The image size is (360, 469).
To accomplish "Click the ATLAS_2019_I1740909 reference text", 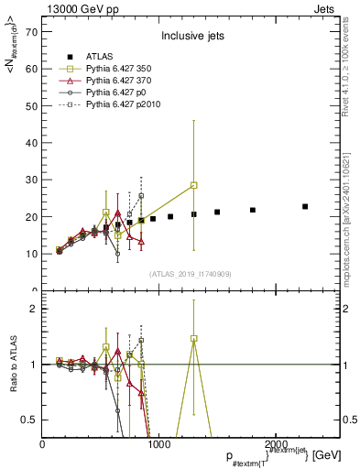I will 190,274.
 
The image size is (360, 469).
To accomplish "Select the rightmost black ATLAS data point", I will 305,207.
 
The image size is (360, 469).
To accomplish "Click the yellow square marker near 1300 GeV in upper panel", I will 193,185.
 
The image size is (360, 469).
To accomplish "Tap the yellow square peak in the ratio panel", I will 193,338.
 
